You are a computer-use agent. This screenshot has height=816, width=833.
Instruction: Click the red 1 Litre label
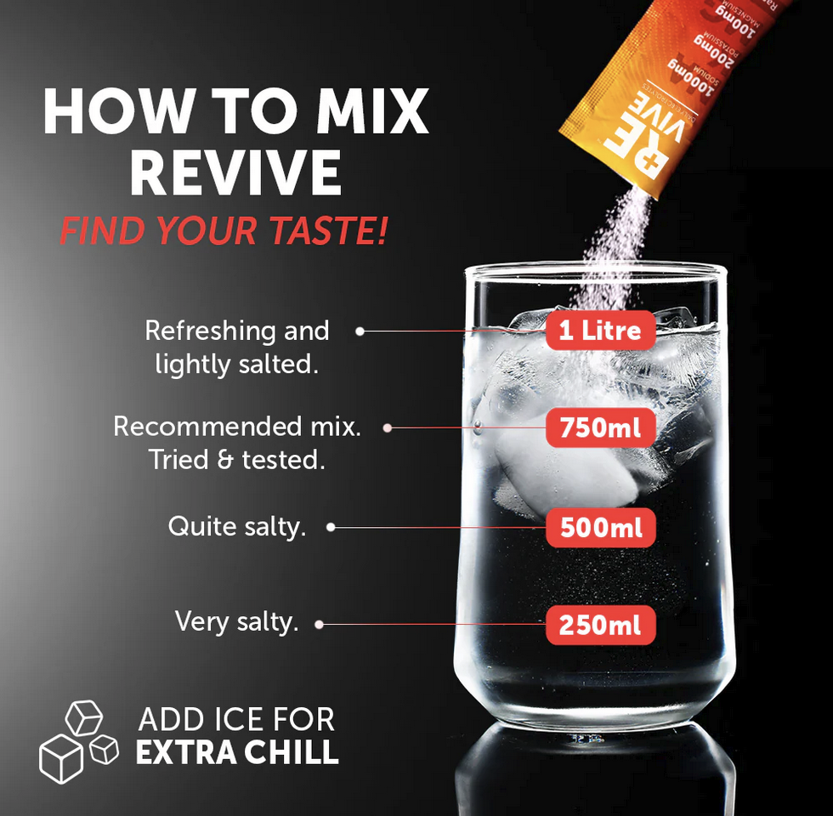point(600,330)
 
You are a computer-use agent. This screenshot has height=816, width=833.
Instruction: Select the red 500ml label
point(600,528)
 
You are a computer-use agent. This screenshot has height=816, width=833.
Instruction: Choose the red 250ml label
point(600,626)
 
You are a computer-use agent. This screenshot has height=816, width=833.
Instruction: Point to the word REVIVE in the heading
point(235,174)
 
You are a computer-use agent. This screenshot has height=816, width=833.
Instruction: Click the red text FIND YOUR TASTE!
point(224,231)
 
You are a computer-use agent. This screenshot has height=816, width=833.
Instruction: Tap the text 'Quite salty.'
point(236,526)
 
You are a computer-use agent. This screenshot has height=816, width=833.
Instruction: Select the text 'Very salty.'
point(236,621)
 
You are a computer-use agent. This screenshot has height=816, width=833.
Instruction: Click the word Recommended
point(200,426)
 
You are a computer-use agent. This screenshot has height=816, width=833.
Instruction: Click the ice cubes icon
point(78,740)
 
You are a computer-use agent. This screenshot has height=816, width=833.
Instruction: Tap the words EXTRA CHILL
point(237,753)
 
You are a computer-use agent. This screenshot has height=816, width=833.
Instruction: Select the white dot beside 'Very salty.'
point(319,625)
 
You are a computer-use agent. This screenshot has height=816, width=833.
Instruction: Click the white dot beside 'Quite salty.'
point(331,527)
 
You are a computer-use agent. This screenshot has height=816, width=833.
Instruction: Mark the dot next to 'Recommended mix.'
point(388,428)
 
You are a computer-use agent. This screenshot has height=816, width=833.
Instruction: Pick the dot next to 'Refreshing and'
point(360,331)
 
